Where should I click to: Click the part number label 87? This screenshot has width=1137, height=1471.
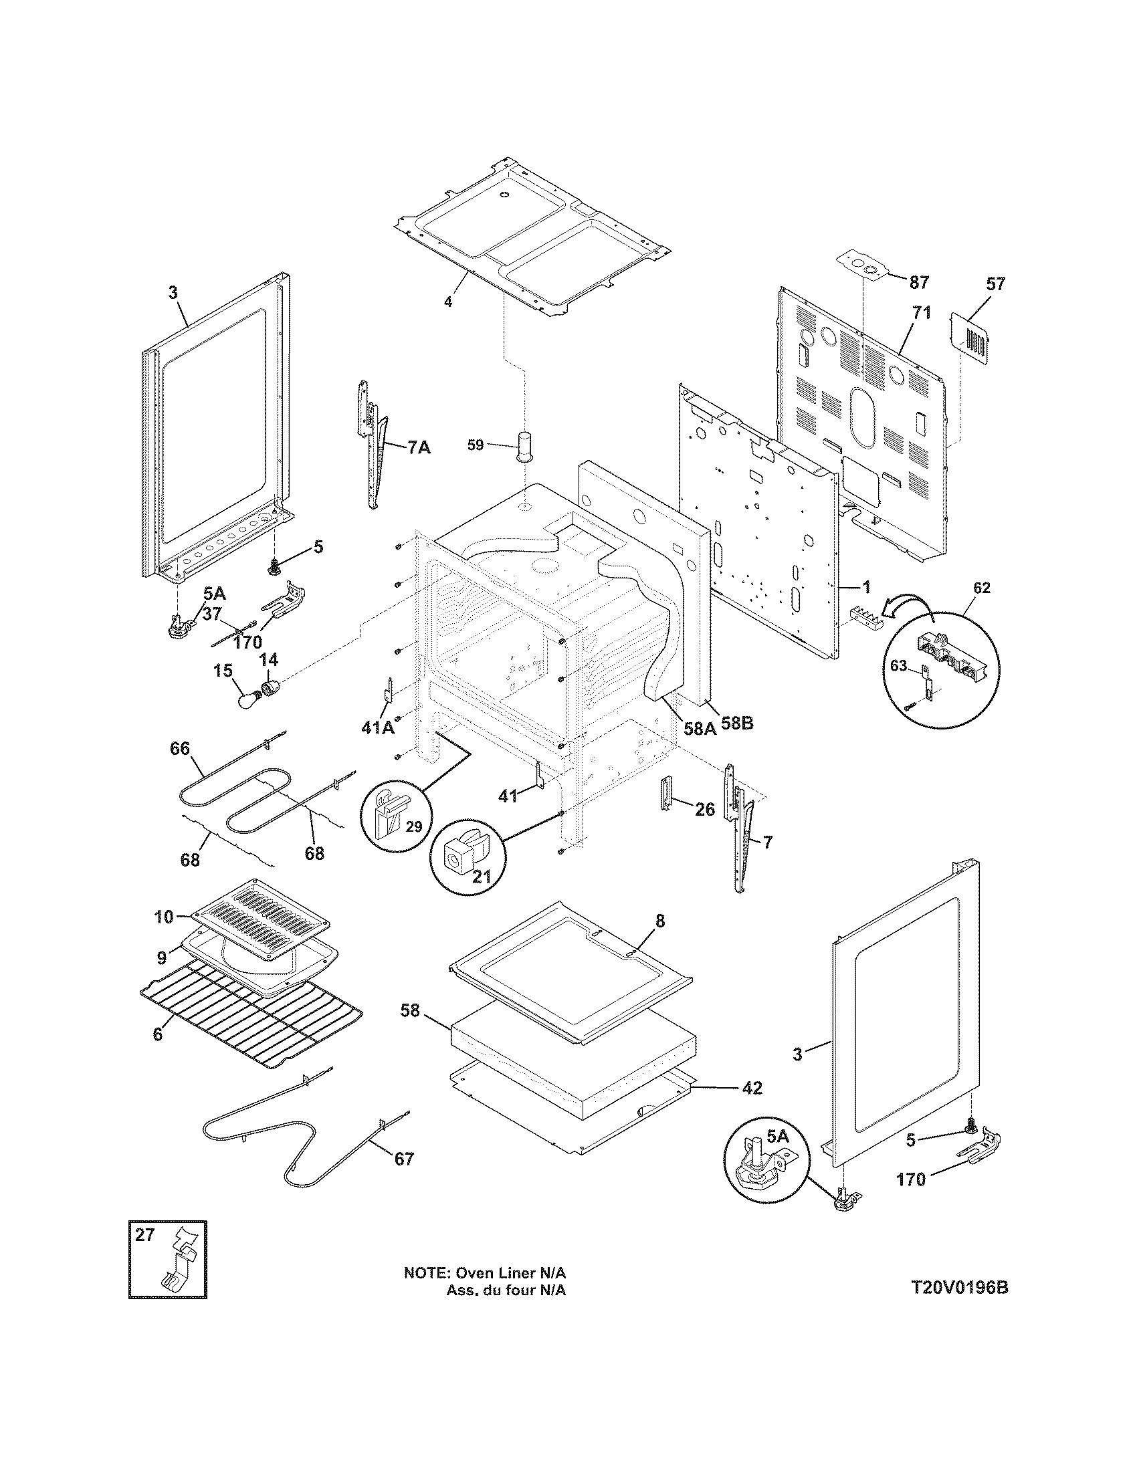coord(919,282)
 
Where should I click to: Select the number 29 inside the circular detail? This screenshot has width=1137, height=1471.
coord(413,826)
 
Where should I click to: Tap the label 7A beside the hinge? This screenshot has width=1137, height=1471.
coord(418,447)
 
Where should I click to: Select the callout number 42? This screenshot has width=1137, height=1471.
coord(752,1088)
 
